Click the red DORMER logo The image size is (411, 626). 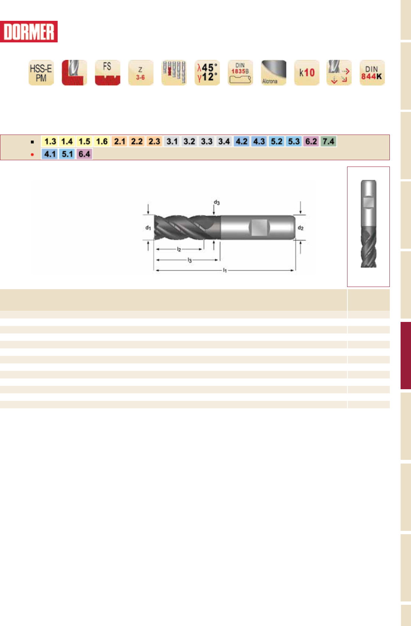[x=29, y=32]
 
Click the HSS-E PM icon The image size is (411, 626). [x=41, y=72]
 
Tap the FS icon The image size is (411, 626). [x=107, y=72]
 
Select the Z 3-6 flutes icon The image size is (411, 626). [x=140, y=72]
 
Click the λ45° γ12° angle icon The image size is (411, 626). [x=207, y=72]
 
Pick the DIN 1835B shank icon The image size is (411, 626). [x=240, y=72]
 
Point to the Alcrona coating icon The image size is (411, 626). [x=274, y=72]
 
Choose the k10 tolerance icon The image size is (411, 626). [x=307, y=72]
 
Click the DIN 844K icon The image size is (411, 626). [x=372, y=72]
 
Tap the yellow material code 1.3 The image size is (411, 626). [x=50, y=141]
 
